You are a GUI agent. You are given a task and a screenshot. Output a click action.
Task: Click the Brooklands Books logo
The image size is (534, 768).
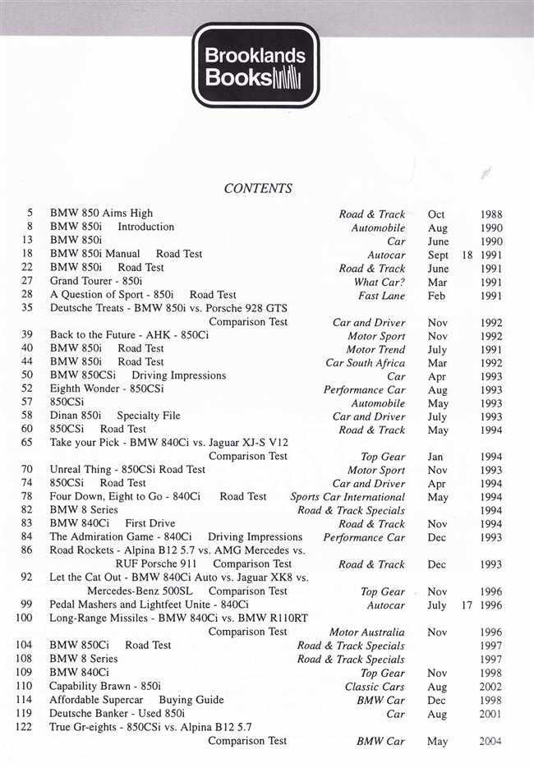255,67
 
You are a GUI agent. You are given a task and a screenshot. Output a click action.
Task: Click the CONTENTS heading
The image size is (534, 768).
258,189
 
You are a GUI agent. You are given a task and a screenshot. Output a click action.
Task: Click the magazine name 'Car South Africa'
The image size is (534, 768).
365,362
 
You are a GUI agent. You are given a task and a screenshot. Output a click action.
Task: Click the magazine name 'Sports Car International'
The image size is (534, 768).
348,497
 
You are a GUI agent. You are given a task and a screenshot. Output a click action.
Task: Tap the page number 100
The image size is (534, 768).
24,619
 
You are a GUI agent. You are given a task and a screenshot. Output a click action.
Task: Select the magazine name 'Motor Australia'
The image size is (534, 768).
366,632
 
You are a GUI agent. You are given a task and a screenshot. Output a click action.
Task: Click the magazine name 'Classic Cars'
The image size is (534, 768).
375,687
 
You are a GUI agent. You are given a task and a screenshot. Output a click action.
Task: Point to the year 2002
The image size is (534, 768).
491,687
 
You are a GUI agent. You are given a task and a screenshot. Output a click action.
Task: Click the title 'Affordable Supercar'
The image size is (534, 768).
99,700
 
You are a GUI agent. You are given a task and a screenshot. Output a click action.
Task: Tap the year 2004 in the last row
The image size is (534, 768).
491,742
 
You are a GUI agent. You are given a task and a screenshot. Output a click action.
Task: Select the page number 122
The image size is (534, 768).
24,727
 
